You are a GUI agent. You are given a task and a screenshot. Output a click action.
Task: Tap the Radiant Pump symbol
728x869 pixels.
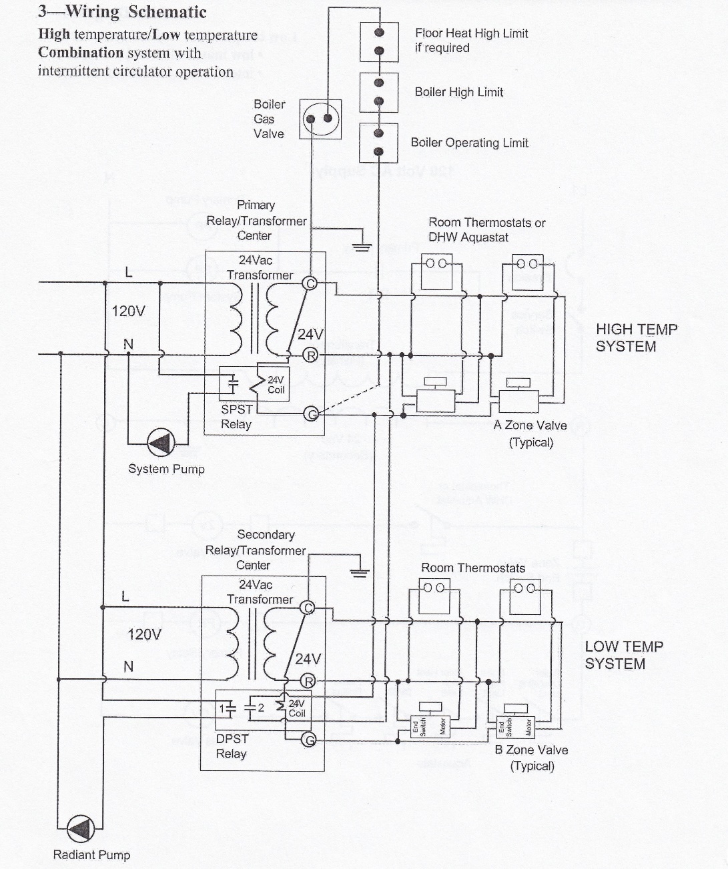point(83,830)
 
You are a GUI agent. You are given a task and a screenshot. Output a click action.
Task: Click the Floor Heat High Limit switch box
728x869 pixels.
point(378,41)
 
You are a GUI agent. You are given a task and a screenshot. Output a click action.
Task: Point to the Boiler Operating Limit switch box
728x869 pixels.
point(378,143)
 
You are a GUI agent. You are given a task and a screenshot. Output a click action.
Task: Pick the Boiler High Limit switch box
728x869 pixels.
point(378,92)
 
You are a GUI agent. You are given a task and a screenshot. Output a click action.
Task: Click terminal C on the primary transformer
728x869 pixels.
point(310,283)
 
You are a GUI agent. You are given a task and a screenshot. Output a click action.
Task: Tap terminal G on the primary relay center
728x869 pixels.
point(311,414)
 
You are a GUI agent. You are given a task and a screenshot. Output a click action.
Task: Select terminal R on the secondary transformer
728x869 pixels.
point(308,681)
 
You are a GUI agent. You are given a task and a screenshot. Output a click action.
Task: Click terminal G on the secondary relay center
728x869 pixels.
point(308,739)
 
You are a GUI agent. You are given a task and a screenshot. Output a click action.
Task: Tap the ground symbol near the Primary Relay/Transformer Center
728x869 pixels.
point(362,245)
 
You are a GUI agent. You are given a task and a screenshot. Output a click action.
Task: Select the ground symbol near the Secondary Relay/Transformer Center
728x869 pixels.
point(360,573)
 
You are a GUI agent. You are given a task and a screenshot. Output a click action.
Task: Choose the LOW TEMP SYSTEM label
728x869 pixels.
point(623,655)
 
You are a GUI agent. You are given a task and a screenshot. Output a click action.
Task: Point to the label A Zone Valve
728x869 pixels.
point(530,425)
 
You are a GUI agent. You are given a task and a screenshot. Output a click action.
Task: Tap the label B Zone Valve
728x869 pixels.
point(531,750)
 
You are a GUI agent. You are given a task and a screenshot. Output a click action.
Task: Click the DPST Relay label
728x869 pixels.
point(232,746)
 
